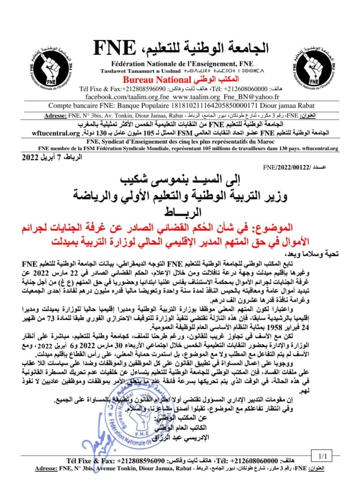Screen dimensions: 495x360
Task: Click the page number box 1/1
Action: [322, 456]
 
